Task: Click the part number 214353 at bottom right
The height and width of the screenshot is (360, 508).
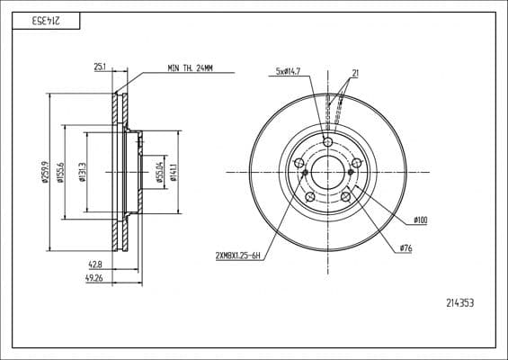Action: click(x=459, y=303)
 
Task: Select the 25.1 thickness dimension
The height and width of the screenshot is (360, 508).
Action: click(x=100, y=67)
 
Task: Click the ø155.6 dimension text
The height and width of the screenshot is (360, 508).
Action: click(x=59, y=170)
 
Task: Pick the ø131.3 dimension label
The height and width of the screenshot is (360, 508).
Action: click(x=82, y=170)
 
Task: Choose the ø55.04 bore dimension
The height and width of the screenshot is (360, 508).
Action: click(x=159, y=170)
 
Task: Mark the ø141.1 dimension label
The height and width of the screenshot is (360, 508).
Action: click(x=173, y=170)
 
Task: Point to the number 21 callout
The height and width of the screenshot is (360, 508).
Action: click(x=356, y=73)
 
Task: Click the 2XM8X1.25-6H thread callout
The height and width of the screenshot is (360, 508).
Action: click(x=237, y=256)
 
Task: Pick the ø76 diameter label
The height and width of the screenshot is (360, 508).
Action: click(x=404, y=247)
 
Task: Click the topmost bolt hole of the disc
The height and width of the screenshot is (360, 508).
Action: click(x=327, y=142)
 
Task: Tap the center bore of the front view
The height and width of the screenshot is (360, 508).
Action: click(x=327, y=171)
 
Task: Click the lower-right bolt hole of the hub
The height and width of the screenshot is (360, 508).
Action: click(x=345, y=196)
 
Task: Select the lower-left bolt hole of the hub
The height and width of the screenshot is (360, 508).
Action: click(x=309, y=196)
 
